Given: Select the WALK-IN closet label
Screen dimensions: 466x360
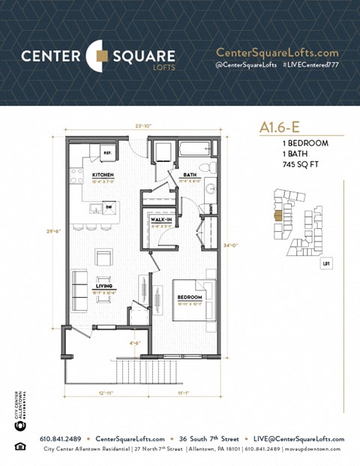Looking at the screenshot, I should (x=161, y=221).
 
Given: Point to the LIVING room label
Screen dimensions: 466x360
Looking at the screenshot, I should (x=103, y=287).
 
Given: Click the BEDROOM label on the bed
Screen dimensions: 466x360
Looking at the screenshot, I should (x=187, y=296).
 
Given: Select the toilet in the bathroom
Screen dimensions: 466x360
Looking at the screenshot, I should (x=212, y=168).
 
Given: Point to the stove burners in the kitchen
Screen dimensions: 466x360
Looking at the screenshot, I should (x=76, y=176).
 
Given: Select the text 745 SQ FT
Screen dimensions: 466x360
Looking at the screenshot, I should (x=292, y=163).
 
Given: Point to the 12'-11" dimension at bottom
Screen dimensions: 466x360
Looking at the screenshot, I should (x=106, y=392).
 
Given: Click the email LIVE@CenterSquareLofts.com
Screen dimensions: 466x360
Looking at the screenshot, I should (x=298, y=439).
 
